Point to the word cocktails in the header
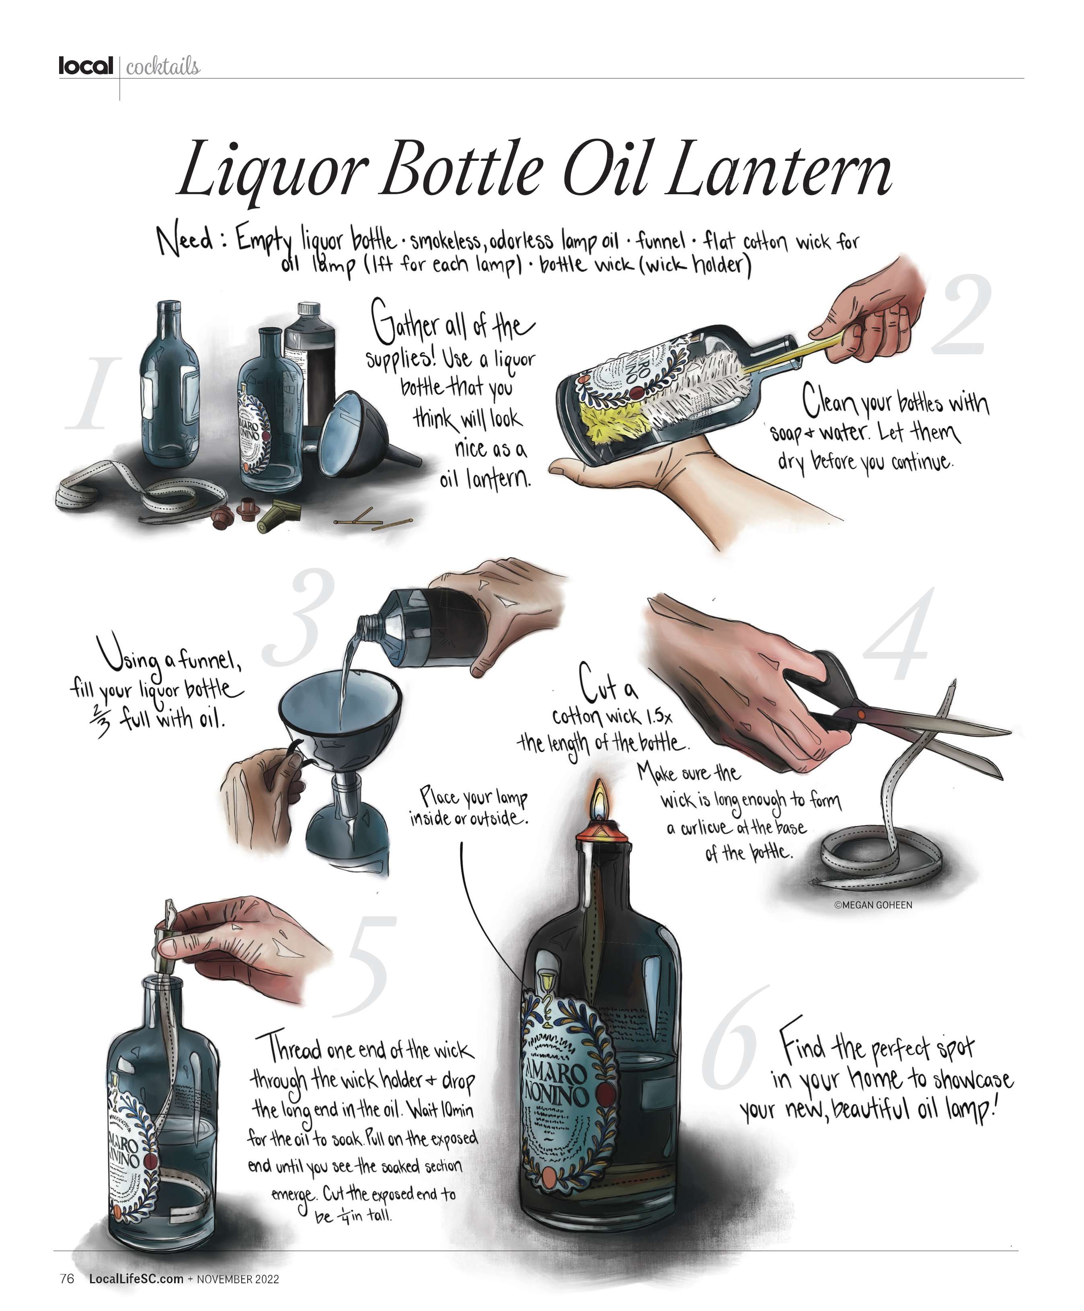click(163, 67)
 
